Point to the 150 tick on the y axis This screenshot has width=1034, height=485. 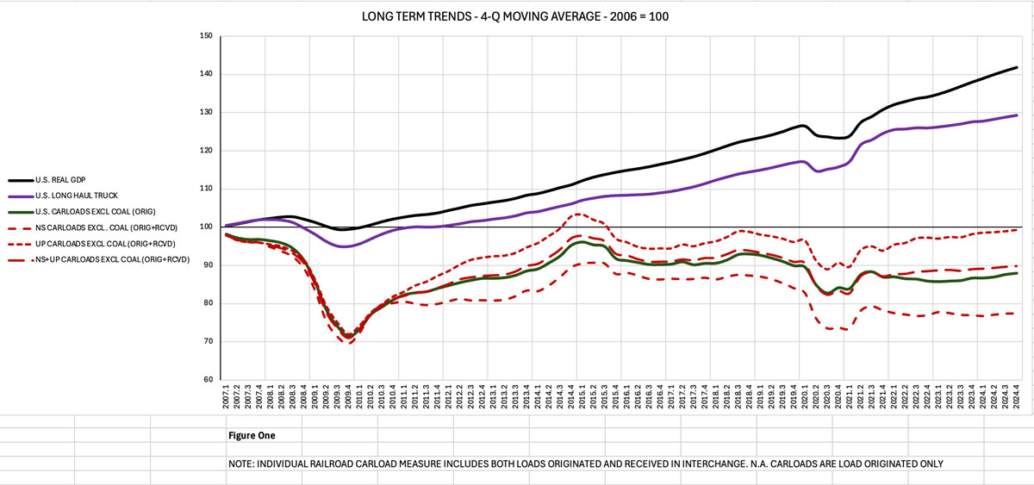tap(206, 36)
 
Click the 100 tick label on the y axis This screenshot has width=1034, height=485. tap(206, 227)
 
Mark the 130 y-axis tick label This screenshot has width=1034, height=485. tap(206, 112)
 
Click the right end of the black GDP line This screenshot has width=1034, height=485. tap(1017, 67)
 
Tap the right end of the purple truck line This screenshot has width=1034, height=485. tap(1017, 115)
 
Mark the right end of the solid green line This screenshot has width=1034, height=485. tap(1017, 273)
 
